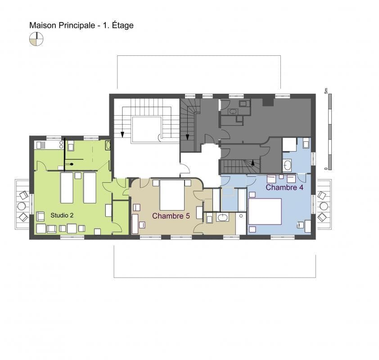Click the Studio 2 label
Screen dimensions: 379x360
pos(62,215)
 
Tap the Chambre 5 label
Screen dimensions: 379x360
pos(171,216)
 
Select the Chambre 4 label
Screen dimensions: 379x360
pos(284,187)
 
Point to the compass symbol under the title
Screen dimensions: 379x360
pos(36,39)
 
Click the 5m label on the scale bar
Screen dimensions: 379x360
pos(326,91)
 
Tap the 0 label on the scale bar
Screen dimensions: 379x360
pos(326,168)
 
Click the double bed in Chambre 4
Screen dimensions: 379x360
pos(265,211)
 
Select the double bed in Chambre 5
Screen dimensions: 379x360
pos(172,195)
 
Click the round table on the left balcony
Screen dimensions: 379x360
pos(22,206)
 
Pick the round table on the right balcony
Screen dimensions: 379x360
pos(324,206)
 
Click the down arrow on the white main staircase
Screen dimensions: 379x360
pos(122,135)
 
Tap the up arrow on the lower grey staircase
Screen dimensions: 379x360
pos(253,162)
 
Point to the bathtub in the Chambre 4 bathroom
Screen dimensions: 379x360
pos(287,166)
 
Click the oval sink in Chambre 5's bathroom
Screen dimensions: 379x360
pos(222,217)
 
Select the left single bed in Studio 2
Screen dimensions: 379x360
pos(67,188)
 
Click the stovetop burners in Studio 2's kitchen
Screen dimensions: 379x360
pos(61,145)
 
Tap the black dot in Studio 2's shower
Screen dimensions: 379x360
pos(72,164)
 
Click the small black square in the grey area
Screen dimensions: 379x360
pos(268,102)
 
